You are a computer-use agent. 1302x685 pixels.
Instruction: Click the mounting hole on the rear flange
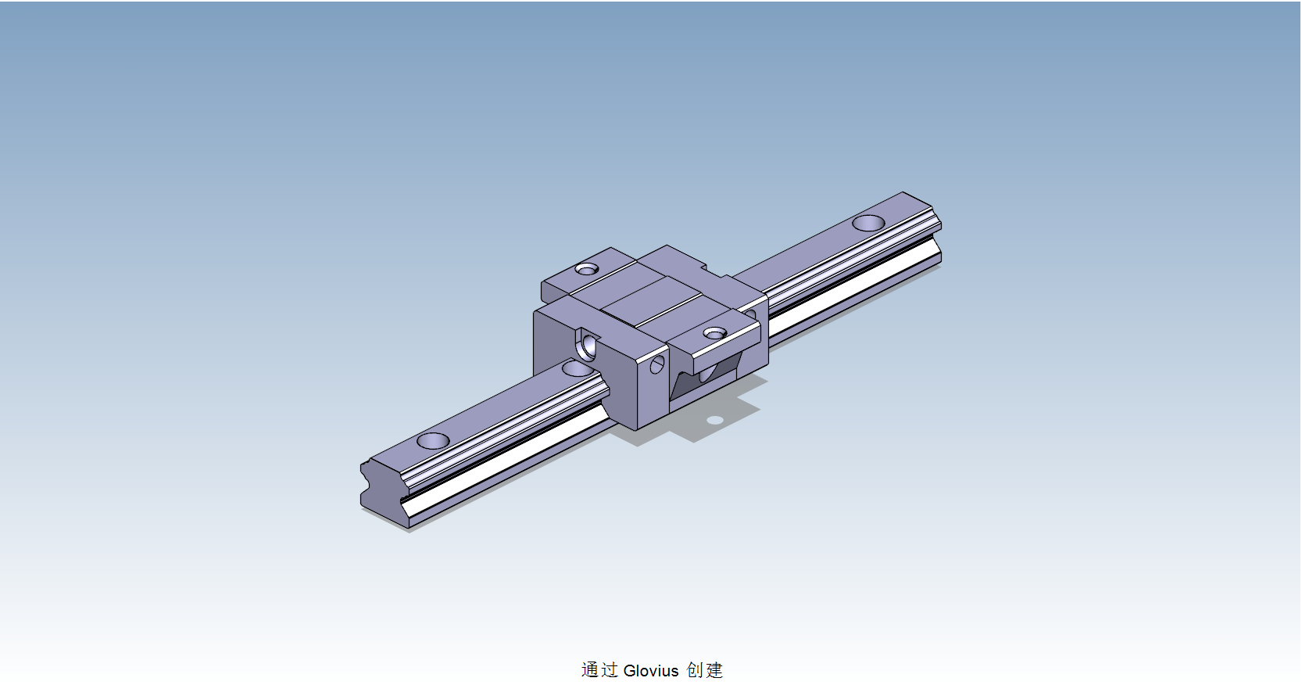tap(586, 269)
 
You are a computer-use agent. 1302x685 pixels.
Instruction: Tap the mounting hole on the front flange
tap(714, 333)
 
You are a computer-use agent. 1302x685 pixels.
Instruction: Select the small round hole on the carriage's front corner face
tap(656, 364)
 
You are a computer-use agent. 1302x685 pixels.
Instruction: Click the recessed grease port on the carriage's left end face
tap(587, 342)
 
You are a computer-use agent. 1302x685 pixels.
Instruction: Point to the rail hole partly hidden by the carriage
tap(578, 368)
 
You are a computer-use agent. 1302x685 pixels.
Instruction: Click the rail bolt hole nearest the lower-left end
tap(433, 440)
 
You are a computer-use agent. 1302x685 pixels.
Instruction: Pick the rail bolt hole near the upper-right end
tap(868, 223)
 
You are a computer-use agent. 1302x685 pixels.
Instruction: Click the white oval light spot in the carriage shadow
tap(715, 420)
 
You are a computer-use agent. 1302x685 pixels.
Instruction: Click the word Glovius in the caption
tap(651, 670)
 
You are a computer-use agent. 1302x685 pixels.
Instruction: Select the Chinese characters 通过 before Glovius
tap(599, 670)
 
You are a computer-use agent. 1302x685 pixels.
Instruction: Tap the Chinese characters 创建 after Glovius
tap(704, 670)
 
